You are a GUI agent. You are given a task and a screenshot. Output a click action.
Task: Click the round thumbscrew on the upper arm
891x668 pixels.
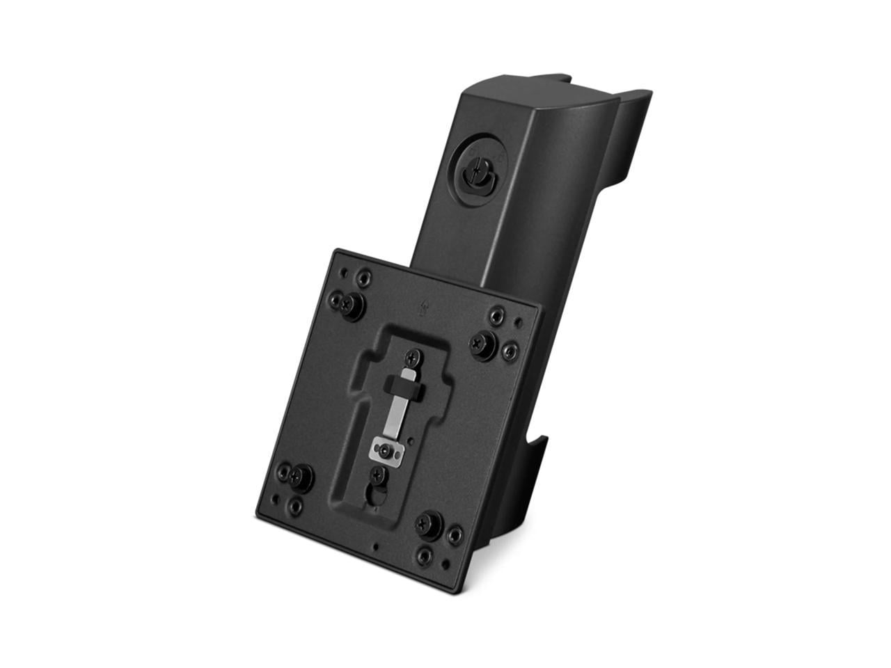480,168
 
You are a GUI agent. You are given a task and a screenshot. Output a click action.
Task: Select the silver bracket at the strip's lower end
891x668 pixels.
387,453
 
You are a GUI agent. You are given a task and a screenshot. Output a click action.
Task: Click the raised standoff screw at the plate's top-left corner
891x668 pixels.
352,304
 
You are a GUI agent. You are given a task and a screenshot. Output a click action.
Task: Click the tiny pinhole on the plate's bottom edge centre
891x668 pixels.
376,546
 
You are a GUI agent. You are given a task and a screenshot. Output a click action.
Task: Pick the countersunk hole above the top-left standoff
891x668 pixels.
361,280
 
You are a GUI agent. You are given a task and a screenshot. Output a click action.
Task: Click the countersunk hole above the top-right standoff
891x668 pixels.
496,317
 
